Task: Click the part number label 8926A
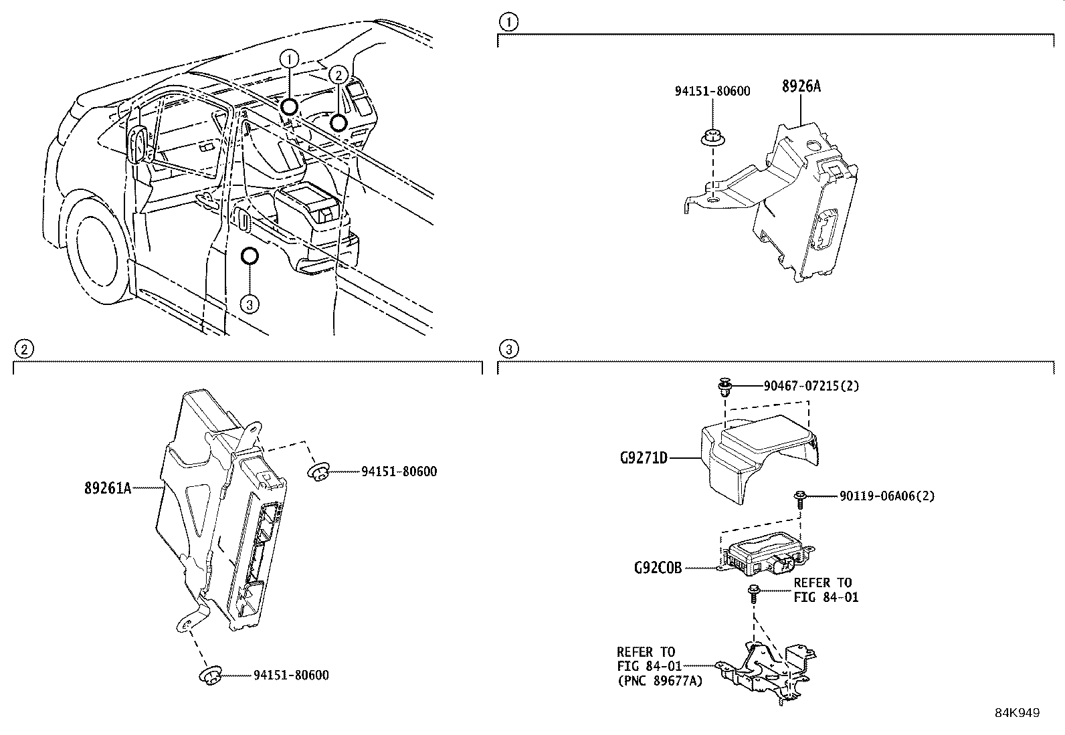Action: pyautogui.click(x=801, y=86)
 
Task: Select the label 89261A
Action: pyautogui.click(x=107, y=489)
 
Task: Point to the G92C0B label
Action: pyautogui.click(x=658, y=568)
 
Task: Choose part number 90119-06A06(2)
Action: pyautogui.click(x=887, y=496)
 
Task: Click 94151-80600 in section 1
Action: pyautogui.click(x=712, y=91)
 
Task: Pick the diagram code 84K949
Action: pyautogui.click(x=1017, y=713)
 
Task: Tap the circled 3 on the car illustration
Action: pyautogui.click(x=249, y=304)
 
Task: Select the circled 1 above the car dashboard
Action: pyautogui.click(x=289, y=59)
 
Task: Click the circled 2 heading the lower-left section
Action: pyautogui.click(x=23, y=348)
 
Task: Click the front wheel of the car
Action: pyautogui.click(x=100, y=251)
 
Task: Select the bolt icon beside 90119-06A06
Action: pyautogui.click(x=799, y=496)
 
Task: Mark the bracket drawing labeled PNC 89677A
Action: pyautogui.click(x=769, y=669)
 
